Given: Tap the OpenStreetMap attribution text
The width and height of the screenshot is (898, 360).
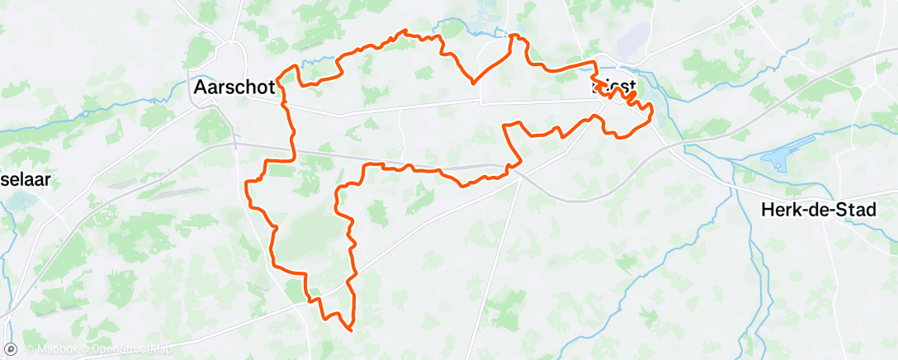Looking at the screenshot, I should pyautogui.click(x=132, y=350).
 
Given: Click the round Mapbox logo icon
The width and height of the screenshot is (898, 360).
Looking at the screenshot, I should pyautogui.click(x=11, y=348).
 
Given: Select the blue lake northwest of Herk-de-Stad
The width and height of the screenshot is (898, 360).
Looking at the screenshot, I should pyautogui.click(x=780, y=159).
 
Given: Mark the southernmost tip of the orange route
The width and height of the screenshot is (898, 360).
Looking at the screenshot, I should pyautogui.click(x=352, y=330).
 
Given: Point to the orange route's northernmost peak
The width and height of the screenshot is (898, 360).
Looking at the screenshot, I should pyautogui.click(x=404, y=31).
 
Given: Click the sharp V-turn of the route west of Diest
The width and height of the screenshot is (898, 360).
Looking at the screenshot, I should pyautogui.click(x=472, y=83).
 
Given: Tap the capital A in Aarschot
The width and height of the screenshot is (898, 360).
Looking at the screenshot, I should pyautogui.click(x=199, y=87).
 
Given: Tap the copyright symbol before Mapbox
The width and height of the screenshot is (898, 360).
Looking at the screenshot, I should pyautogui.click(x=30, y=350).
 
